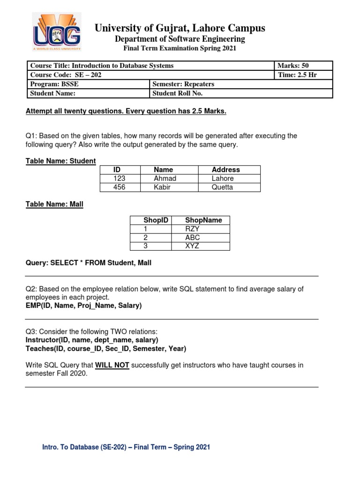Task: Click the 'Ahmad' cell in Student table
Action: pyautogui.click(x=165, y=179)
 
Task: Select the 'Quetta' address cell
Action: pyautogui.click(x=222, y=187)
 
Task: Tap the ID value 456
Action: pyautogui.click(x=120, y=187)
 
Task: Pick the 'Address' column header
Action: pyautogui.click(x=225, y=170)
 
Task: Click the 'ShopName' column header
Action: pyautogui.click(x=203, y=220)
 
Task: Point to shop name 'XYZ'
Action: pyautogui.click(x=192, y=246)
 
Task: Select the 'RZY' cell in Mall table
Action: pyautogui.click(x=192, y=229)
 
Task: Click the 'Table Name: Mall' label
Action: pyautogui.click(x=54, y=204)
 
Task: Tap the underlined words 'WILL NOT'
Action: pyautogui.click(x=112, y=365)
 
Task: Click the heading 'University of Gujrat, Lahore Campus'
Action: pyautogui.click(x=180, y=28)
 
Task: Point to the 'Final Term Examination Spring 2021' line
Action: pyautogui.click(x=180, y=48)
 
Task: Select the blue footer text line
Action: pyautogui.click(x=126, y=447)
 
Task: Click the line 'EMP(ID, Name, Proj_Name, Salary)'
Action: pyautogui.click(x=83, y=306)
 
